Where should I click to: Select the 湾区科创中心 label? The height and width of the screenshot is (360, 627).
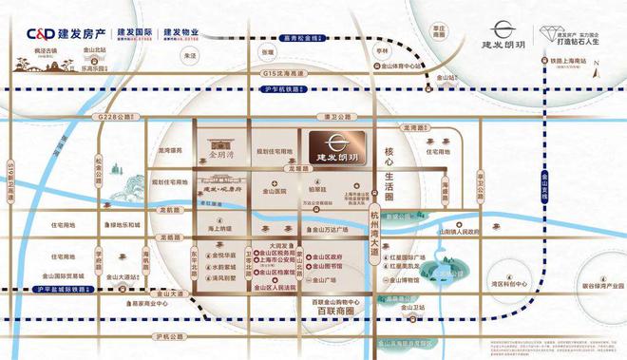coord(508,284)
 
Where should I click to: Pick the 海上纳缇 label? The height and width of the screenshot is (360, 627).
coord(219,229)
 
